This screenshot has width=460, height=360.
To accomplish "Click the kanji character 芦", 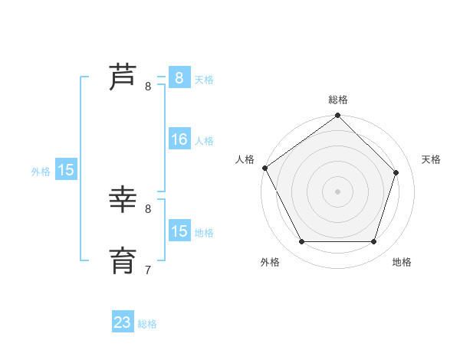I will (123, 77).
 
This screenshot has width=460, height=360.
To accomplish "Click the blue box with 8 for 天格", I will (179, 77).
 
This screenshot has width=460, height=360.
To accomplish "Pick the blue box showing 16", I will (179, 139).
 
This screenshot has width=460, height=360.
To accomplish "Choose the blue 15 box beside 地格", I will (179, 231).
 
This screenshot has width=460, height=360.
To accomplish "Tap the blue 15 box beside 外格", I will (66, 170).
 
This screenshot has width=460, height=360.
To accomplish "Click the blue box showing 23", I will (123, 322).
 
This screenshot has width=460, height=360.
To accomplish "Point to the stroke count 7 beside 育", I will (148, 270).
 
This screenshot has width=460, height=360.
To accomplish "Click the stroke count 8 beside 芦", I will (148, 87).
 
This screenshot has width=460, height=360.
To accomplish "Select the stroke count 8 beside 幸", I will (148, 208).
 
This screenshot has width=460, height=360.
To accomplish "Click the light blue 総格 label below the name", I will (147, 324).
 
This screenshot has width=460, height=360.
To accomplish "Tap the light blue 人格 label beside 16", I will (204, 141).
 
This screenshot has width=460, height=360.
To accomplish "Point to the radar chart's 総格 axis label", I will (337, 100).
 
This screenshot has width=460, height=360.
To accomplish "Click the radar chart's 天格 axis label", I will (431, 159).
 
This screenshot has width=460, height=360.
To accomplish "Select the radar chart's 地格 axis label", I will (402, 262).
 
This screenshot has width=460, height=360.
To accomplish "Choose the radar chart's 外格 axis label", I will (270, 262).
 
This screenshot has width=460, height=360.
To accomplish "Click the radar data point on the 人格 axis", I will (264, 168).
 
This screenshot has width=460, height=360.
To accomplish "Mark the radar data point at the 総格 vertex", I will (337, 116).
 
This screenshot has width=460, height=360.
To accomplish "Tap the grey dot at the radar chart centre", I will (337, 191).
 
